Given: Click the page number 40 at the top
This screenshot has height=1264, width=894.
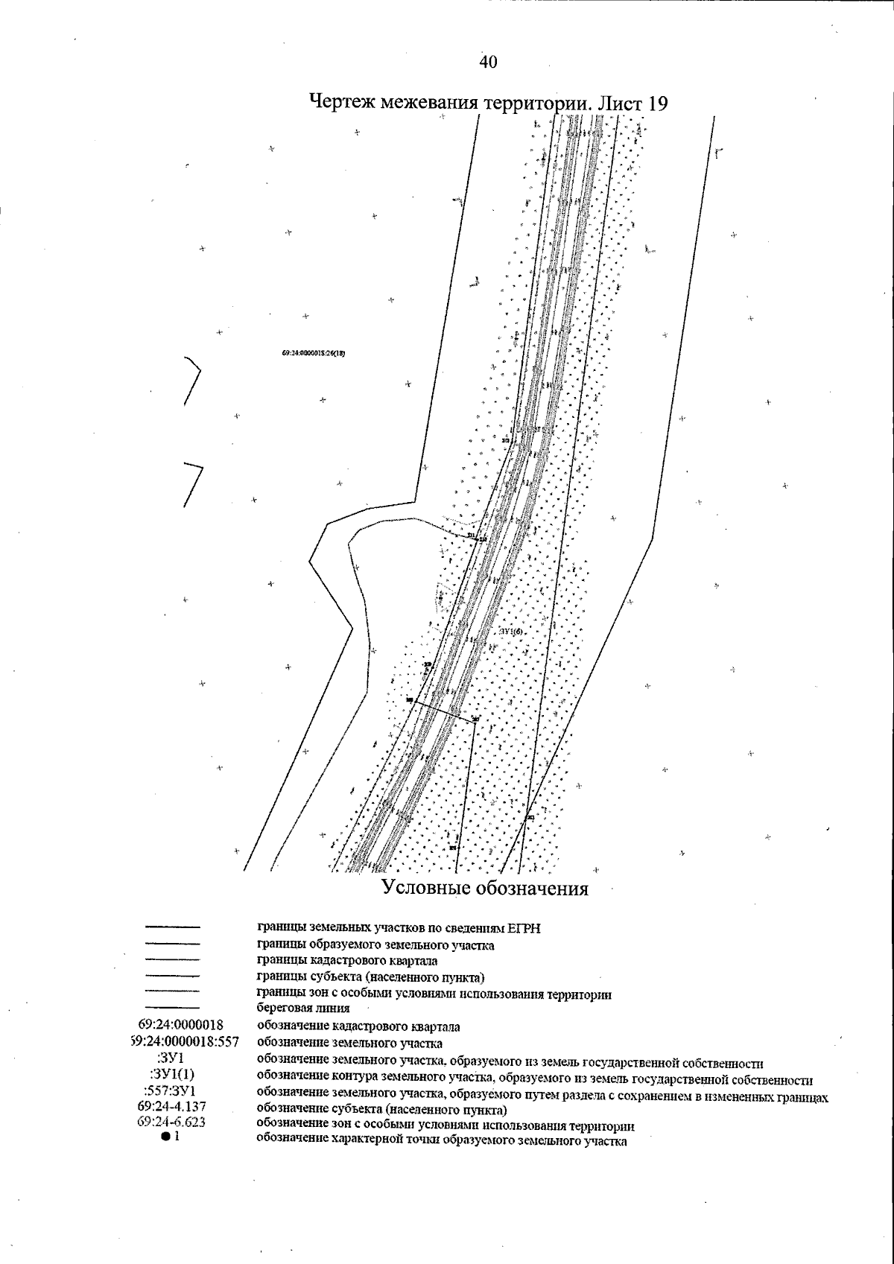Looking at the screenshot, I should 488,62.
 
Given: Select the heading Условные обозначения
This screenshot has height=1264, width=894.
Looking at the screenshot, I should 485,888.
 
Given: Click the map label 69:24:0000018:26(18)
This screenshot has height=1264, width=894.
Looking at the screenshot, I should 314,354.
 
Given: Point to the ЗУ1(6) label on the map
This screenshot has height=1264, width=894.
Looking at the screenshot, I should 512,632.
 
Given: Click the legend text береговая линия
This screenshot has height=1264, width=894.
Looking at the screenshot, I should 303,1009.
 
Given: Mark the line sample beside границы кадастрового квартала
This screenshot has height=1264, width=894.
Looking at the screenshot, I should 172,960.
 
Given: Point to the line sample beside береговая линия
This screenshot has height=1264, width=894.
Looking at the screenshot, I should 172,1008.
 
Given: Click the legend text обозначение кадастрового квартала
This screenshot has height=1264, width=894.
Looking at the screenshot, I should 358,1026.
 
